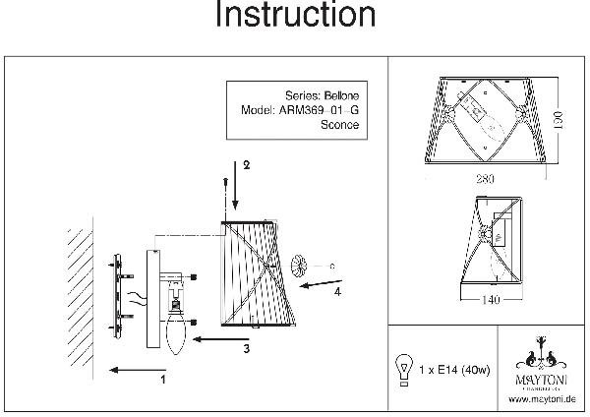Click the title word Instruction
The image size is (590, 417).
(x=294, y=17)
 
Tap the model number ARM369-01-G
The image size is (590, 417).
(x=315, y=111)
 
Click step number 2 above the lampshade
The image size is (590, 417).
(x=247, y=165)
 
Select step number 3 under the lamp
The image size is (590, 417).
(x=247, y=347)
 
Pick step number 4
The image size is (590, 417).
(x=337, y=291)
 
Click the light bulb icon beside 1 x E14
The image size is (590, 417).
(x=401, y=367)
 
